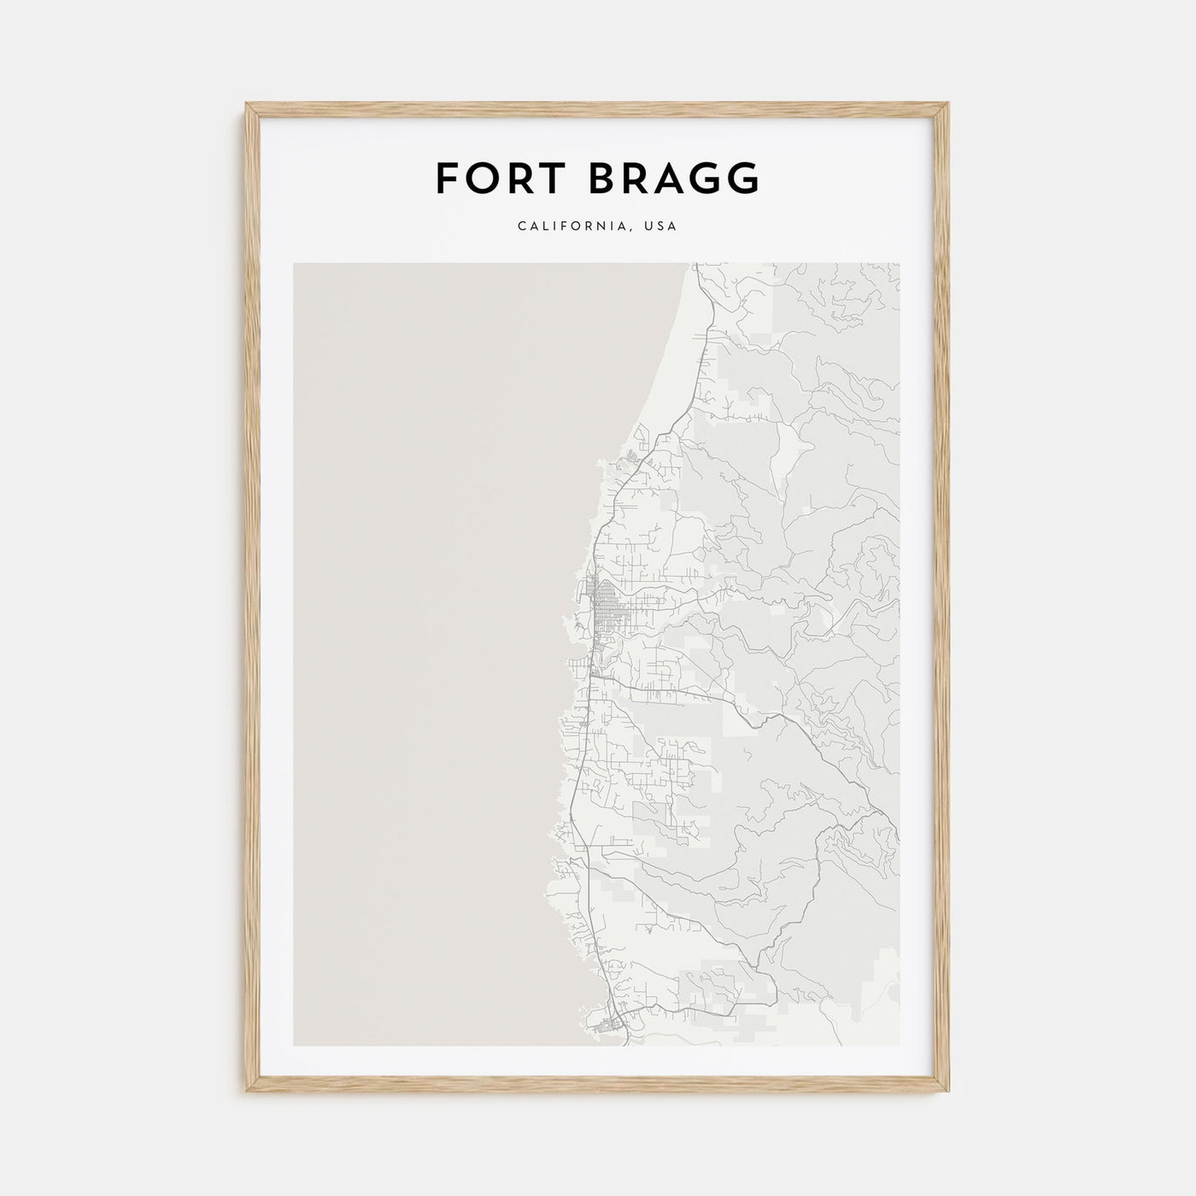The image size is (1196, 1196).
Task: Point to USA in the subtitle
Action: click(x=662, y=226)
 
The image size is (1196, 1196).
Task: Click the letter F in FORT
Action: click(x=448, y=179)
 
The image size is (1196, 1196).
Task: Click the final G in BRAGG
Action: click(x=742, y=179)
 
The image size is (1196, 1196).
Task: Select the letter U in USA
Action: click(x=651, y=226)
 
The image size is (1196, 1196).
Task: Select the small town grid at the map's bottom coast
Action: click(x=612, y=1023)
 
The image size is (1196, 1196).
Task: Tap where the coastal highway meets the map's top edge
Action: click(x=694, y=265)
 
